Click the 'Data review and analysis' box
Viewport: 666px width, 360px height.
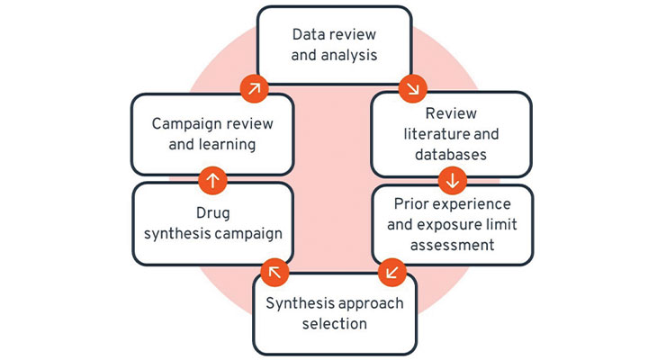click(334, 44)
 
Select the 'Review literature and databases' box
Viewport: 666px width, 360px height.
click(451, 133)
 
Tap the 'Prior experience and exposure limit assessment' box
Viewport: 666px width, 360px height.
click(451, 224)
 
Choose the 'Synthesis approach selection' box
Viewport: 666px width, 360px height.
click(334, 313)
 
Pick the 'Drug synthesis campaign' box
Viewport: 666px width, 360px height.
click(212, 224)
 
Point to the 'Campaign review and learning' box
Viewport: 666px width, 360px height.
click(212, 133)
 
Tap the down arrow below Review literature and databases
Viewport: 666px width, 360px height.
click(452, 180)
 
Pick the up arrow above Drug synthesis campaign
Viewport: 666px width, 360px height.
click(212, 179)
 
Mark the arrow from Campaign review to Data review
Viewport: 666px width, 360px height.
click(254, 88)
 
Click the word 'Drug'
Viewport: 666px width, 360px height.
click(212, 214)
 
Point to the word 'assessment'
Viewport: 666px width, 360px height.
click(451, 245)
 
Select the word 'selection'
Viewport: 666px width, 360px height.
click(334, 324)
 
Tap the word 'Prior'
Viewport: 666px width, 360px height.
click(410, 203)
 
